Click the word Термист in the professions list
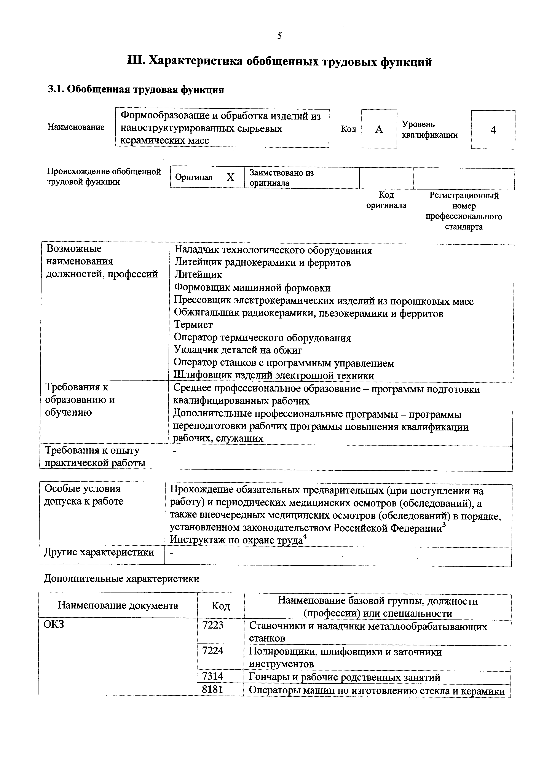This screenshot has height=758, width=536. point(193,325)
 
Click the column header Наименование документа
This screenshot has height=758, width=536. point(118,605)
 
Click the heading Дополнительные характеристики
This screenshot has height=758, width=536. point(121,579)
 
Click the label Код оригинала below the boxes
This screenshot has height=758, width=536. point(386,200)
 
